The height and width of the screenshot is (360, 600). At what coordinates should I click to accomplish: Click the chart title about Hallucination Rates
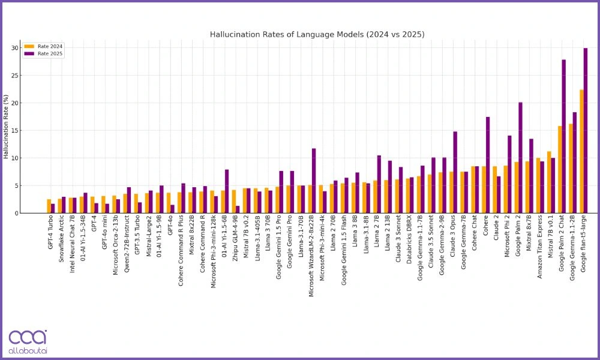[317, 34]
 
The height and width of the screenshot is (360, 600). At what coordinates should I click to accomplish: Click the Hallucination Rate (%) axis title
[6, 126]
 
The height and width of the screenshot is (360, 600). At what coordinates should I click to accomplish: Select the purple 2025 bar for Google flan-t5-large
[586, 131]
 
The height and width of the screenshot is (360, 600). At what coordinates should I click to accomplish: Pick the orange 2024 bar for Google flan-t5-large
[581, 151]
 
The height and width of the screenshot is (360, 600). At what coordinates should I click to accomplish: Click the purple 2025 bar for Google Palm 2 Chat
[564, 136]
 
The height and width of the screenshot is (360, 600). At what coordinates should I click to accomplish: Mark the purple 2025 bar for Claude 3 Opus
[455, 172]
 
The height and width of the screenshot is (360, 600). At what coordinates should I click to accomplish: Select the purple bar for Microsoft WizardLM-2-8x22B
[314, 181]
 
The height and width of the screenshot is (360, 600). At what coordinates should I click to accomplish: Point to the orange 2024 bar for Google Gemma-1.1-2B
[571, 169]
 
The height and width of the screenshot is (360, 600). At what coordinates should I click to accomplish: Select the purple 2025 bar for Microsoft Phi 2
[509, 174]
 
